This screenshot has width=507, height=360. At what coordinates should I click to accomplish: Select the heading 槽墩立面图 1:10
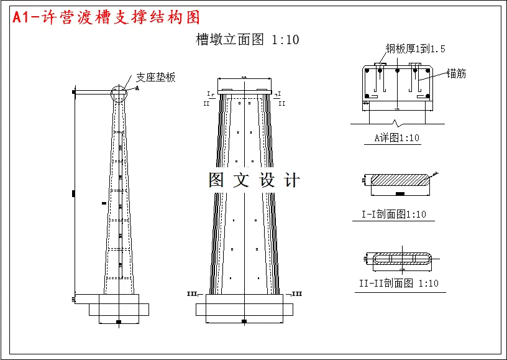tap(247, 40)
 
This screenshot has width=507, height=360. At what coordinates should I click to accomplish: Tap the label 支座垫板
tap(156, 77)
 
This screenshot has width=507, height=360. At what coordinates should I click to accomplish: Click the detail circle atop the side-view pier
tap(119, 93)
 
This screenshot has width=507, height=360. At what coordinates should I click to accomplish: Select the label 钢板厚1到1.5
tap(415, 48)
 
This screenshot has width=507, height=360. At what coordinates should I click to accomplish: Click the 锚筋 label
tap(456, 73)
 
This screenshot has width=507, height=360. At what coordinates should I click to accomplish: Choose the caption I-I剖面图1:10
tap(394, 215)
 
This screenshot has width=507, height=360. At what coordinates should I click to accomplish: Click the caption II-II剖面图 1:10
tap(398, 284)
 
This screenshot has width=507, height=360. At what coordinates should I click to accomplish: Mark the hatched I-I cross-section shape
tap(400, 180)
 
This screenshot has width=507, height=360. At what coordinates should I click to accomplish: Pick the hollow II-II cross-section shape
tap(400, 259)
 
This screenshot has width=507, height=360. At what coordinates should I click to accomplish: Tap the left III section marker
tap(192, 293)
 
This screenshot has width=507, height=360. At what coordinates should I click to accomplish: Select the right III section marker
tap(297, 293)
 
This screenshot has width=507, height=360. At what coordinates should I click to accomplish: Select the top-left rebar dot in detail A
tap(368, 72)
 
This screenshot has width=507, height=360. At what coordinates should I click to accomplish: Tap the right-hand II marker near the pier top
tap(281, 103)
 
